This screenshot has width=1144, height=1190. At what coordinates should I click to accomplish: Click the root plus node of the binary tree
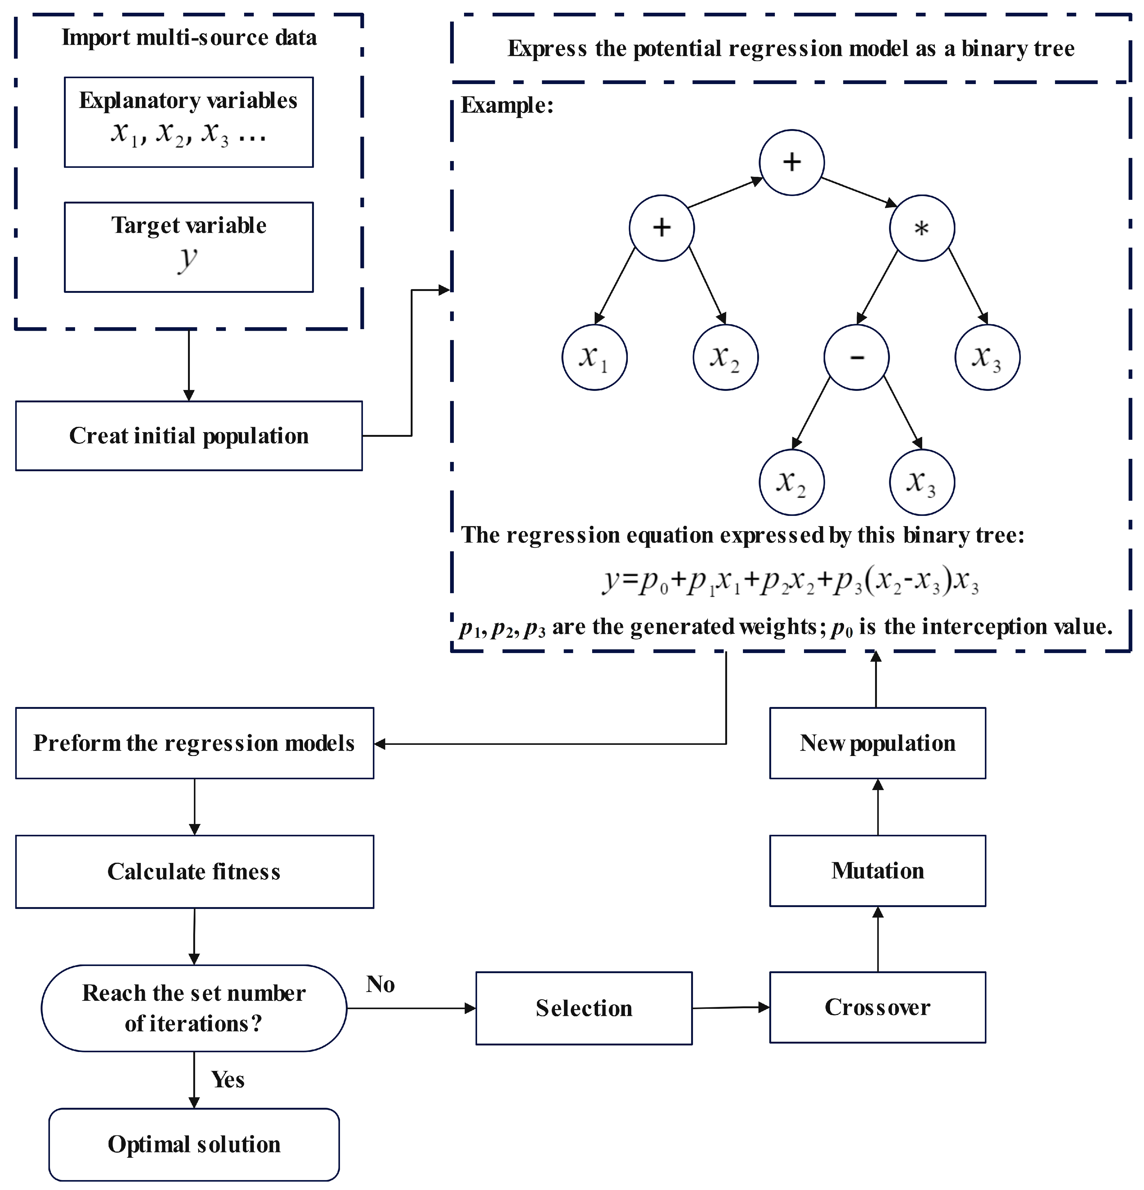791,162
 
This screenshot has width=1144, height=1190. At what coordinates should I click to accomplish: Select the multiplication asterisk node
922,228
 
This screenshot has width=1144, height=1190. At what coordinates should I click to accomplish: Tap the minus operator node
856,357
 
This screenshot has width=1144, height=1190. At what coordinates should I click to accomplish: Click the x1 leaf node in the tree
594,357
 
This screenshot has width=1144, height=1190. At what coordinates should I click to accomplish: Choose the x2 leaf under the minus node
791,482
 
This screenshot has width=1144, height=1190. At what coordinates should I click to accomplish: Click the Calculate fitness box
194,871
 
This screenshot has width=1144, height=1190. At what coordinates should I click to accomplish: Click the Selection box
583,1008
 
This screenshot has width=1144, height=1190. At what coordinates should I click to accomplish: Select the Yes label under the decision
228,1080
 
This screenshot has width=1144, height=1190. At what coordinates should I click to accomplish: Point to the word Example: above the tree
507,105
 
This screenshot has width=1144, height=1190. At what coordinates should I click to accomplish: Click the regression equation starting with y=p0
789,581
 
